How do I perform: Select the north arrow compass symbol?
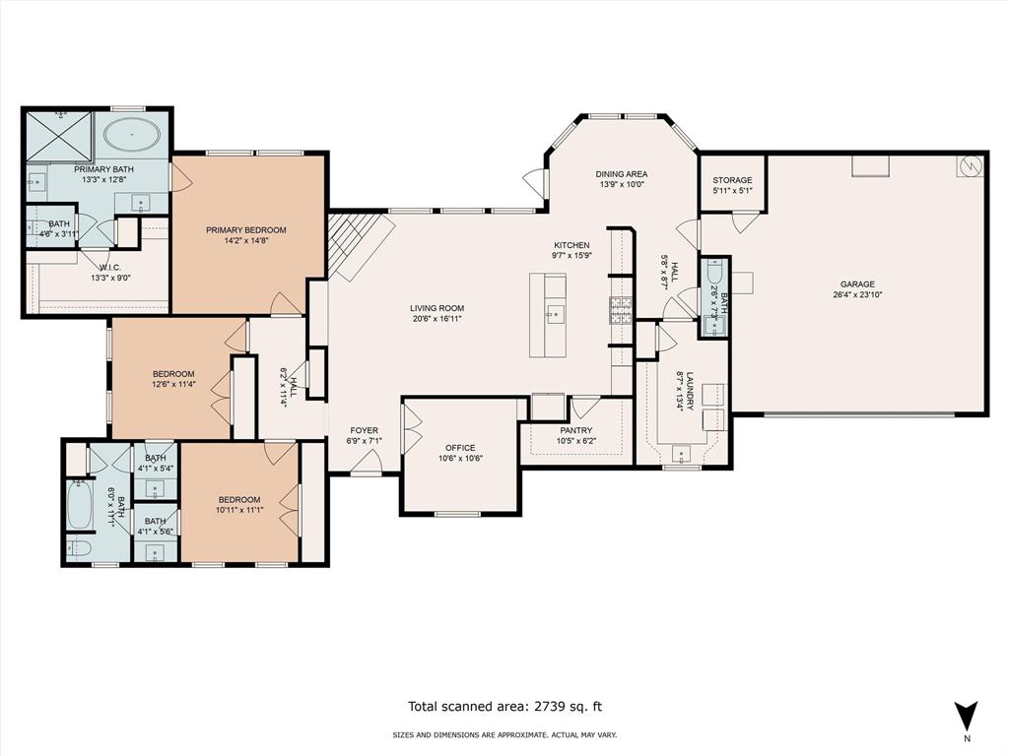[967, 714]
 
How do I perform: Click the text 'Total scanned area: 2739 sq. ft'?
[505, 707]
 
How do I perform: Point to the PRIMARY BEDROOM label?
[245, 230]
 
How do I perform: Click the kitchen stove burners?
[621, 310]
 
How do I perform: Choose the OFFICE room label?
[460, 448]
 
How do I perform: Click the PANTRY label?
[575, 431]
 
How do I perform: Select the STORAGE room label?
[732, 180]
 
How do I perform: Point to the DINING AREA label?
[621, 173]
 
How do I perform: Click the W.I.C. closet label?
[110, 268]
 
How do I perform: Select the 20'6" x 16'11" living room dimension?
[437, 318]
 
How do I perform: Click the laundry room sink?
[680, 454]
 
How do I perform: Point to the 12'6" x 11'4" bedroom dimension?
[173, 384]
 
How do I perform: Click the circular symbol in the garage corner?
[970, 165]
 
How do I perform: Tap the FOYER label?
[365, 431]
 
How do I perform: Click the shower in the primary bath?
[59, 136]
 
